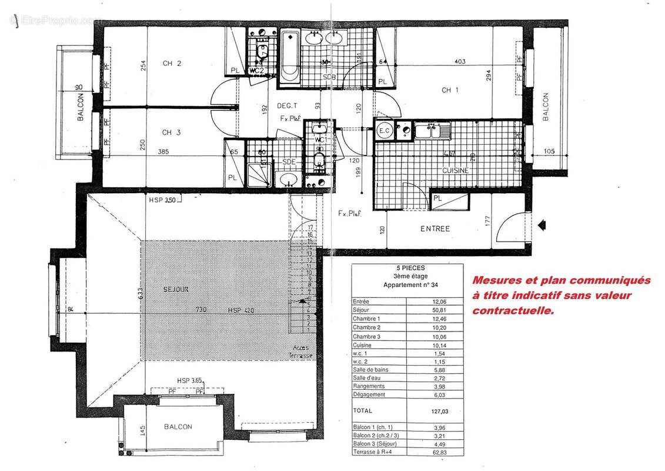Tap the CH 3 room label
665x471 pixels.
[171, 132]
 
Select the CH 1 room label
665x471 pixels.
[450, 90]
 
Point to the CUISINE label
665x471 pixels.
[456, 170]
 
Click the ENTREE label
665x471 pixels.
[435, 228]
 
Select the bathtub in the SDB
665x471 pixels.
[289, 57]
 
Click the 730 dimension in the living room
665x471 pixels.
[202, 310]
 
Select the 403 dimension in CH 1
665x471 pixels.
[461, 61]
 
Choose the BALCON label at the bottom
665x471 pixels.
[178, 427]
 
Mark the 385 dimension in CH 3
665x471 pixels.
[163, 152]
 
